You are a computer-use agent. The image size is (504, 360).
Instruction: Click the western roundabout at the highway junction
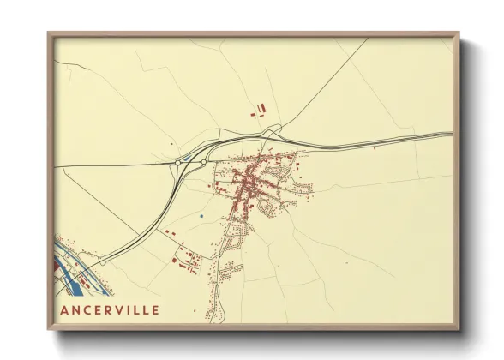[x=177, y=161]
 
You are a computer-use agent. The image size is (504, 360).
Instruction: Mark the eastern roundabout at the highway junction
[x=203, y=160]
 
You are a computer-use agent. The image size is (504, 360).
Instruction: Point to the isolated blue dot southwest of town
[x=200, y=217]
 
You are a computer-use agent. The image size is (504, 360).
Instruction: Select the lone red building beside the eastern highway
[x=374, y=147]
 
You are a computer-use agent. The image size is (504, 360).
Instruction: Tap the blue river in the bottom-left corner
[x=69, y=266]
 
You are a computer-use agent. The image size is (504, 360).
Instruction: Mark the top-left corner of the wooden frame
[x=50, y=35]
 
